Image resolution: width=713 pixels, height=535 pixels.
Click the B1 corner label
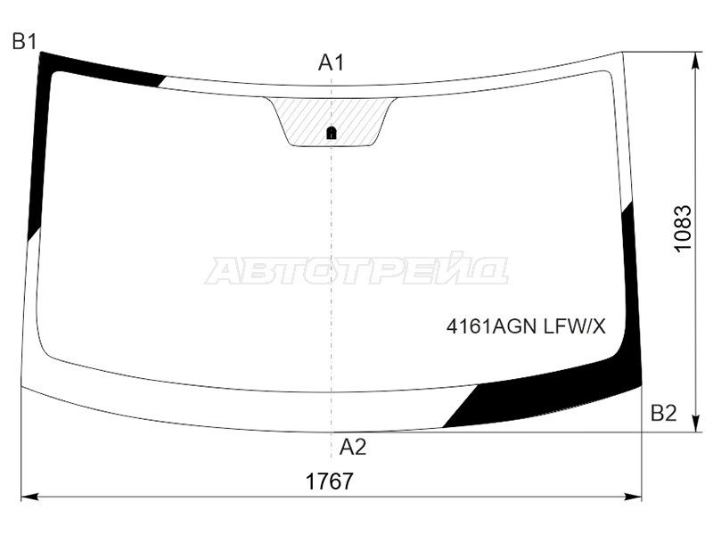click(24, 42)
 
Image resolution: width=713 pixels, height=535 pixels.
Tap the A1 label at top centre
click(331, 62)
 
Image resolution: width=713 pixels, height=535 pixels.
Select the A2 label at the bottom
click(353, 448)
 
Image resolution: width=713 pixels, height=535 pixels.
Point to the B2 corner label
click(664, 413)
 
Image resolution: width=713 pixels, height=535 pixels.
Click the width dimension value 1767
click(330, 481)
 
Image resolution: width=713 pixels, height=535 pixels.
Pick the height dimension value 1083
click(683, 228)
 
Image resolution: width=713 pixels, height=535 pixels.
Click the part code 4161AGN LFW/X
click(526, 326)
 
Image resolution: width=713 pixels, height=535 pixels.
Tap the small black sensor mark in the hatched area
click(332, 132)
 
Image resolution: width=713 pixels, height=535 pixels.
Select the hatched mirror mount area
click(332, 121)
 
